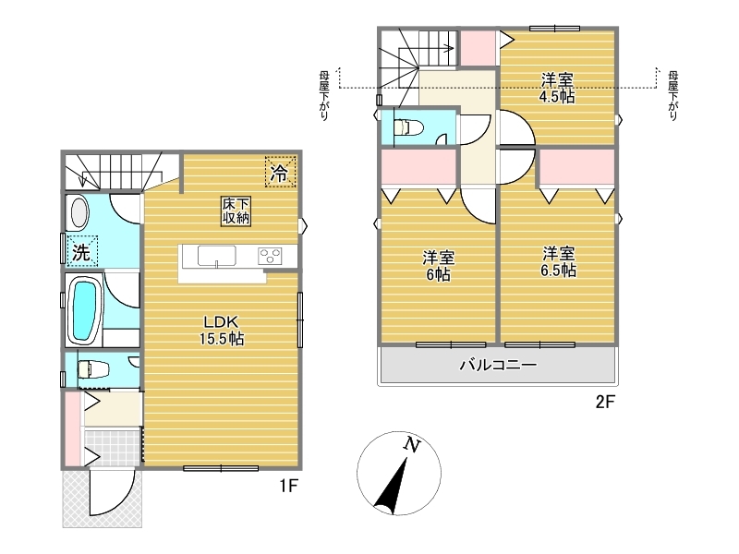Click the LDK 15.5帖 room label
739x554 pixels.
pyautogui.click(x=222, y=331)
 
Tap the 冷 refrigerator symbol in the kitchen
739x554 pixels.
pyautogui.click(x=280, y=172)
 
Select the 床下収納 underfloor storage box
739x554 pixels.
pyautogui.click(x=236, y=211)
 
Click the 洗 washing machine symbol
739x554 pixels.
pyautogui.click(x=82, y=251)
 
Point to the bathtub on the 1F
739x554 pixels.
pyautogui.click(x=84, y=312)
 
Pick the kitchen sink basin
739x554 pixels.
pyautogui.click(x=216, y=257)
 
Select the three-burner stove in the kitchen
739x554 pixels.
pyautogui.click(x=270, y=257)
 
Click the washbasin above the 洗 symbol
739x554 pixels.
pyautogui.click(x=79, y=212)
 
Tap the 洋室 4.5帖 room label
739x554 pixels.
pyautogui.click(x=558, y=88)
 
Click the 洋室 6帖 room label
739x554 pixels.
pyautogui.click(x=438, y=266)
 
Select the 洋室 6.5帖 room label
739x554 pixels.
pyautogui.click(x=559, y=262)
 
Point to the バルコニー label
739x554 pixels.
pyautogui.click(x=498, y=365)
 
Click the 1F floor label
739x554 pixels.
pyautogui.click(x=288, y=486)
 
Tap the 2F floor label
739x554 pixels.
pyautogui.click(x=605, y=402)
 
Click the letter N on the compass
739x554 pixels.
pyautogui.click(x=412, y=444)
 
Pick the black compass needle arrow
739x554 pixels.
pyautogui.click(x=392, y=487)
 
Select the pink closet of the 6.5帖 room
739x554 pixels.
pyautogui.click(x=576, y=167)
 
